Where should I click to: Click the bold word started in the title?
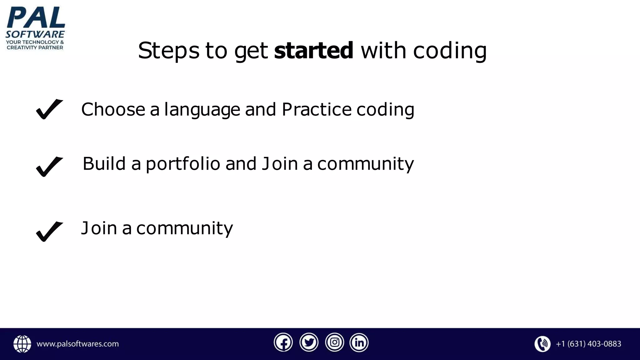[x=313, y=51]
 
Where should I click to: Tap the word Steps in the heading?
[x=168, y=51]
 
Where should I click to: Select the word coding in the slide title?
[x=450, y=51]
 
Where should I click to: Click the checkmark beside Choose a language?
[x=49, y=109]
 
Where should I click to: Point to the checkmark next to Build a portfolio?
[x=49, y=167]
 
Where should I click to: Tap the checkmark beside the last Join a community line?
[x=49, y=231]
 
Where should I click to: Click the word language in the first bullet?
[x=202, y=110]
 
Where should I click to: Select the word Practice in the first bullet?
[x=317, y=109]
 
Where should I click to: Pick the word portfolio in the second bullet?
[x=183, y=164]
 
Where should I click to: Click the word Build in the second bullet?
[x=104, y=163]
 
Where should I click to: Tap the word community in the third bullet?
[x=184, y=228]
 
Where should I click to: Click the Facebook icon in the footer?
[x=283, y=343]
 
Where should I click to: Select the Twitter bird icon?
[x=309, y=343]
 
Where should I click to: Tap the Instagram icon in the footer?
[x=334, y=343]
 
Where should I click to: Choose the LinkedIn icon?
[x=359, y=343]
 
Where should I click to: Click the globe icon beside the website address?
[x=22, y=344]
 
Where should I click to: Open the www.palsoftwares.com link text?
[x=77, y=344]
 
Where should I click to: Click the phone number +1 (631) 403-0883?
[x=588, y=344]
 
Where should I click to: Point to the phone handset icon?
[x=542, y=344]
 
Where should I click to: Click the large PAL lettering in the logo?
[x=36, y=18]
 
